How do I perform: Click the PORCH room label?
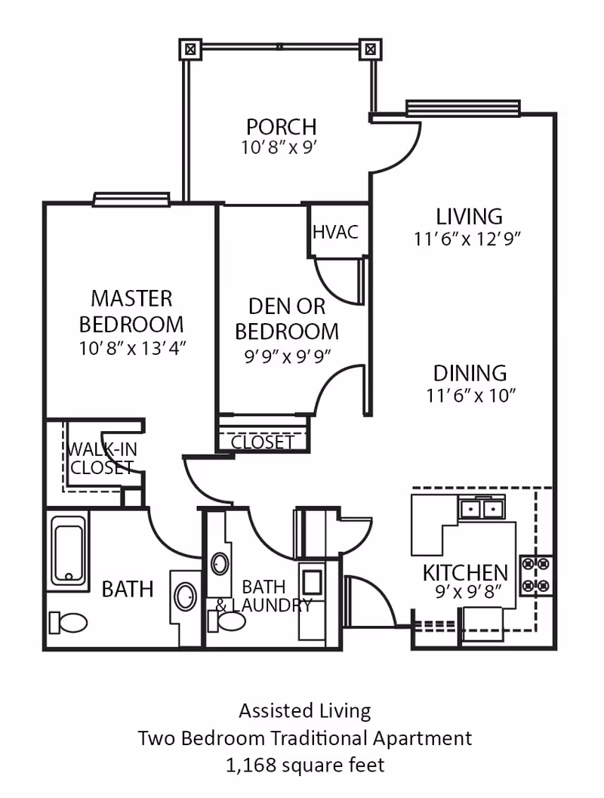tap(282, 126)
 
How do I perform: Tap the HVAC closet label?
tap(335, 232)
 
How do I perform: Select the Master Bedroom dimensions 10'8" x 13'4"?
tap(132, 349)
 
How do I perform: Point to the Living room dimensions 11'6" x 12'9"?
tap(467, 239)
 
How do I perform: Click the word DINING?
tap(470, 373)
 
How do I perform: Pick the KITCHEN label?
tap(465, 573)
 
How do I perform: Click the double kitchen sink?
tap(481, 508)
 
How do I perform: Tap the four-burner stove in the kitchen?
tap(535, 575)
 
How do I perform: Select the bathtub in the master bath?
tap(68, 551)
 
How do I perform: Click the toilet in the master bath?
tap(68, 622)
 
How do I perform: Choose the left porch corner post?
tap(190, 49)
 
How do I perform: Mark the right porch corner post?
tap(371, 49)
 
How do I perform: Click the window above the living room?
tap(463, 107)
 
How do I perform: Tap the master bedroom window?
tap(131, 199)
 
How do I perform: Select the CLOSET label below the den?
tap(262, 442)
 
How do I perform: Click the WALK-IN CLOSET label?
tap(102, 458)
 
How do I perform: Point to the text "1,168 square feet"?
tap(305, 765)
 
